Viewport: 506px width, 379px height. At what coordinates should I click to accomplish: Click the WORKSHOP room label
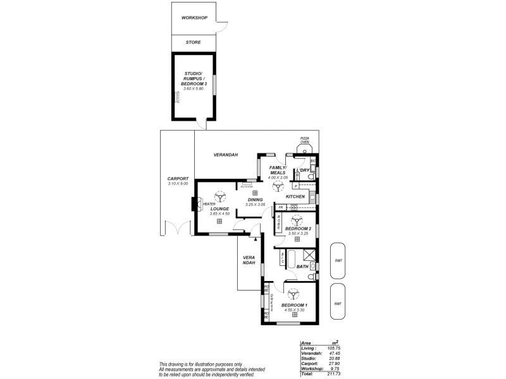194,18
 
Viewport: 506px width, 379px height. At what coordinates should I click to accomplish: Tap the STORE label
194,42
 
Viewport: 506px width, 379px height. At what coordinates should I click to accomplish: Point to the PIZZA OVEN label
304,140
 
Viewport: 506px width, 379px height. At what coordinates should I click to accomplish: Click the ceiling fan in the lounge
219,197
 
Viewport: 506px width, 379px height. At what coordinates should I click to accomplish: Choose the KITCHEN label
295,197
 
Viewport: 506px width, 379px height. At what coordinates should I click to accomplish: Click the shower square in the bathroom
309,256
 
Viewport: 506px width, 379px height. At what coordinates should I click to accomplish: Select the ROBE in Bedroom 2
278,222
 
